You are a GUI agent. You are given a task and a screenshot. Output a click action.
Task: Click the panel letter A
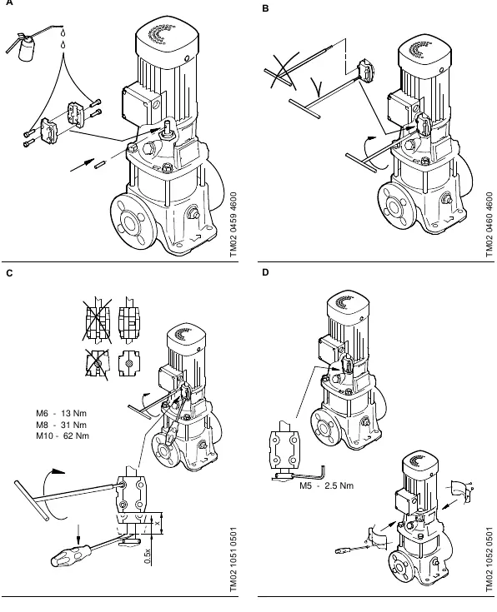[x=8, y=2]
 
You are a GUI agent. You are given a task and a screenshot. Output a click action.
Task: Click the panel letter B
[x=265, y=8]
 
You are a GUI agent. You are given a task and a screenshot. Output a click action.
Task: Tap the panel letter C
[x=9, y=273]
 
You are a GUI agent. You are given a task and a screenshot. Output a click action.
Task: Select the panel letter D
[x=265, y=272]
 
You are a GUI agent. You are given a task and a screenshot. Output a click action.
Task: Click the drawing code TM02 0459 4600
[x=233, y=225]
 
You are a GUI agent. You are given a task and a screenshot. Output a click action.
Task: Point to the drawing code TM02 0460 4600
[x=489, y=225]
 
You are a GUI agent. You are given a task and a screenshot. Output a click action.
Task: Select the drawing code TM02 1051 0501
[x=233, y=560]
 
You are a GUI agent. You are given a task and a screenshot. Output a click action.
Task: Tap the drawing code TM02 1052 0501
[x=489, y=560]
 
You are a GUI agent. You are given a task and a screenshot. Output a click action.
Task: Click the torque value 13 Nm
[x=74, y=413]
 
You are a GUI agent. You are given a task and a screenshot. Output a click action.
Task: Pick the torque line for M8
[x=62, y=425]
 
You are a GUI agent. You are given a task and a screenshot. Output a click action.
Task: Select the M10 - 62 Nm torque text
[x=63, y=435]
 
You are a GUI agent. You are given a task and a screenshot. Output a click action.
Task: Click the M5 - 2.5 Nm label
[x=327, y=485]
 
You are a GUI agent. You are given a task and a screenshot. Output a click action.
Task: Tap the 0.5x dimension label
[x=148, y=556]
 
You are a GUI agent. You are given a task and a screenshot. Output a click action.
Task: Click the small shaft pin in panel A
[x=101, y=164]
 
